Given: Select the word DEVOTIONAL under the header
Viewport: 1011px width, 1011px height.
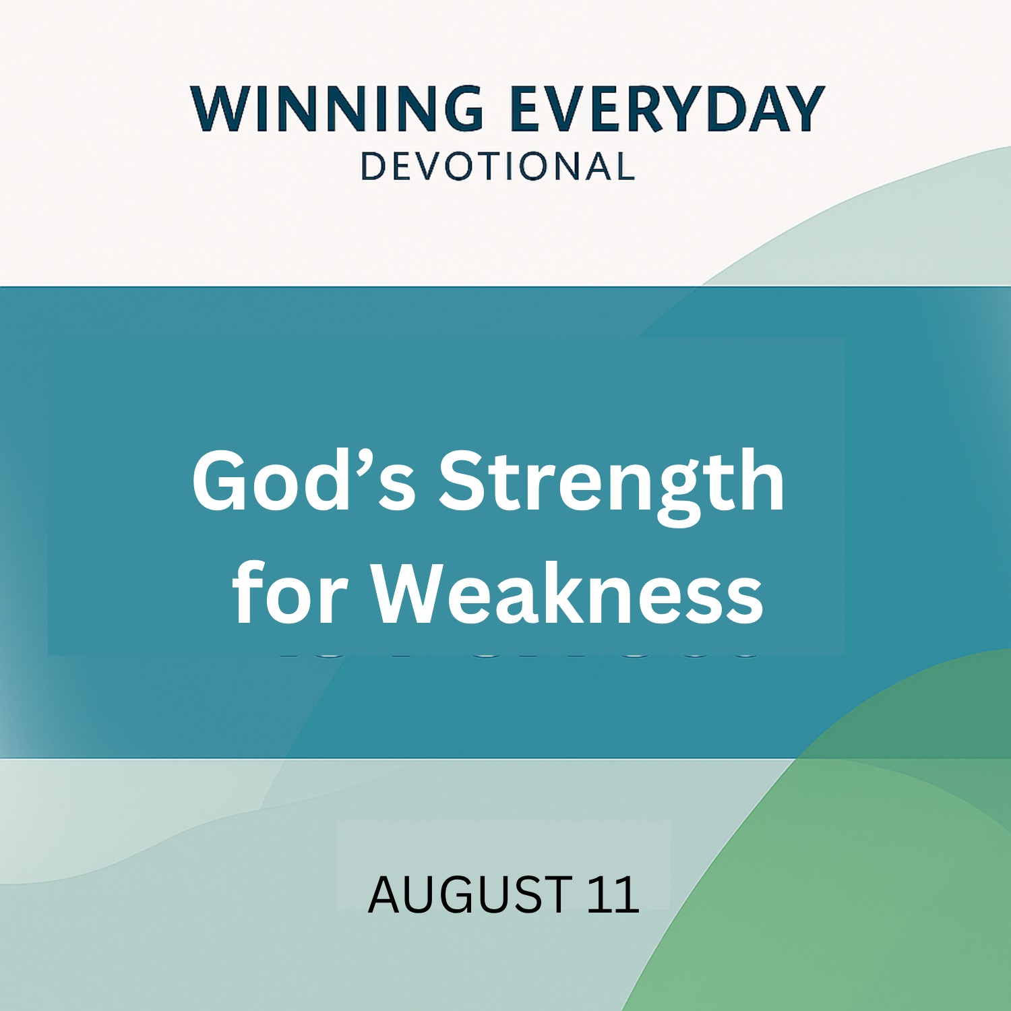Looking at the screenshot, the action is click(498, 166).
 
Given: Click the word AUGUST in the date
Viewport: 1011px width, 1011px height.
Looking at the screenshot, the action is click(470, 894).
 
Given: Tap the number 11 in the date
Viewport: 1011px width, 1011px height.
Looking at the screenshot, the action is click(613, 894).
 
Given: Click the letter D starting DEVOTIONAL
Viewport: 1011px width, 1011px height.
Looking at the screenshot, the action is click(373, 166).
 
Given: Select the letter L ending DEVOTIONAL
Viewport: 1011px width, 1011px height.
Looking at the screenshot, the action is click(625, 166).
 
